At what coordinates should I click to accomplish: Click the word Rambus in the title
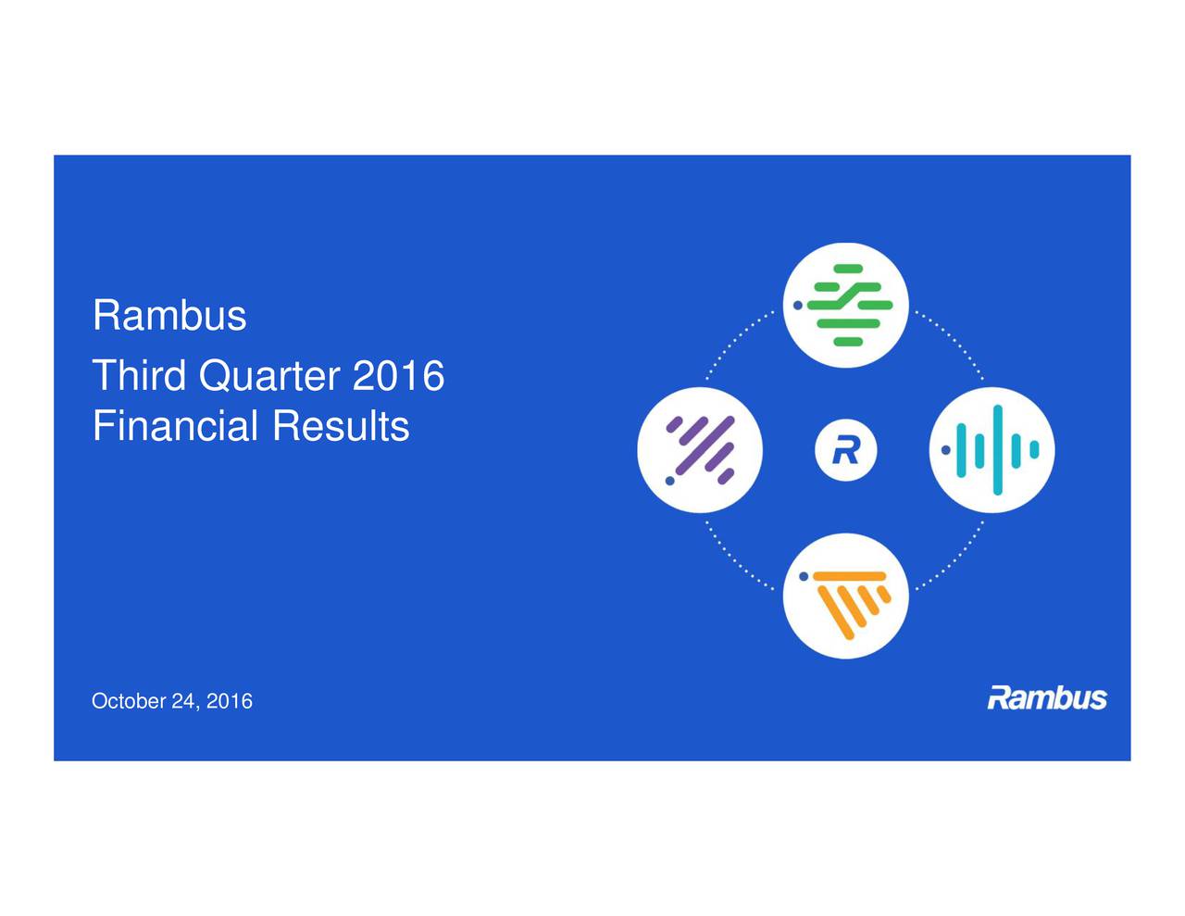(169, 316)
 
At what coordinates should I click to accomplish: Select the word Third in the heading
(141, 376)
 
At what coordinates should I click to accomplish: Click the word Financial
(175, 427)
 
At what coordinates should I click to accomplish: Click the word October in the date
(128, 701)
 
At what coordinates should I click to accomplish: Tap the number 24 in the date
(183, 701)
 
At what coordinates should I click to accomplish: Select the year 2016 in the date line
(230, 701)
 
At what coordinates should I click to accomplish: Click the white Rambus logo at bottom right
(1047, 697)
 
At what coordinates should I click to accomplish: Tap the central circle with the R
(845, 450)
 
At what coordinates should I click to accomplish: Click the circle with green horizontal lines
(845, 305)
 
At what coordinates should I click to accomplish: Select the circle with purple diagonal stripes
(700, 450)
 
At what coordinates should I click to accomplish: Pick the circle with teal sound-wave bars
(992, 450)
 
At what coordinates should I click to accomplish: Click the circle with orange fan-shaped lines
(845, 596)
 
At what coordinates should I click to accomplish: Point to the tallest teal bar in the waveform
(997, 450)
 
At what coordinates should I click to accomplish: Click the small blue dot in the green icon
(796, 304)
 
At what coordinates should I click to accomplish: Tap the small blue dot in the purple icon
(668, 481)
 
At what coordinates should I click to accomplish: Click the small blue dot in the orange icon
(804, 576)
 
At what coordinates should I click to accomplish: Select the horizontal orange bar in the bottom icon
(850, 577)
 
